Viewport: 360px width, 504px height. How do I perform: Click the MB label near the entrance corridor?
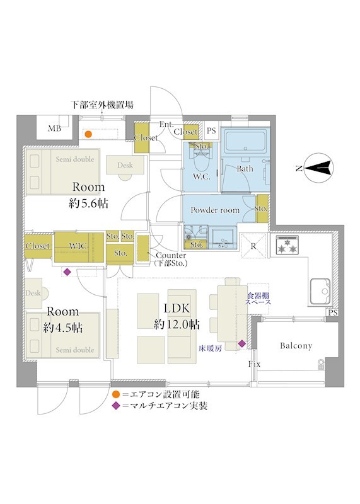pos(54,129)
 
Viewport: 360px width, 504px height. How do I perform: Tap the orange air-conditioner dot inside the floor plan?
pos(88,134)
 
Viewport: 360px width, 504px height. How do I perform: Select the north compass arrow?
pos(318,168)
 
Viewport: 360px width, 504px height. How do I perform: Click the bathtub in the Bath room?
pos(246,140)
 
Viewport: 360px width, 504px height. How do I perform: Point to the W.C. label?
pos(202,176)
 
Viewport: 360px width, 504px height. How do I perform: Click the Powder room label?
pos(215,210)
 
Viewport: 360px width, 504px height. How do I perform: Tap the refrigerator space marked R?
pos(254,246)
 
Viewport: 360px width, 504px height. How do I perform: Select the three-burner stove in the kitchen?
pos(287,245)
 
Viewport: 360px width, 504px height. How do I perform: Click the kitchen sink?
pos(320,292)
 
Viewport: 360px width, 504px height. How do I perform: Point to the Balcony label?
pos(296,346)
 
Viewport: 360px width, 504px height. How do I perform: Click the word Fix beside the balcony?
pos(254,364)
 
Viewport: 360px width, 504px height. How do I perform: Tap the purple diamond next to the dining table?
pos(242,344)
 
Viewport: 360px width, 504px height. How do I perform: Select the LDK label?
pos(177,308)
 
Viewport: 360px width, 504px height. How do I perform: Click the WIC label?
pos(78,246)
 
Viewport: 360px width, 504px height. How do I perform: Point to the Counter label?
pos(171,256)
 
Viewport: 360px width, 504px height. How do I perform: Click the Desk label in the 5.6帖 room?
pos(125,165)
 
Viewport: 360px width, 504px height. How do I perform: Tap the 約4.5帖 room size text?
pos(63,327)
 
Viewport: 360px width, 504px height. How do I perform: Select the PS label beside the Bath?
pos(211,130)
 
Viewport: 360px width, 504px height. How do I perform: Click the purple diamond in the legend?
pos(116,406)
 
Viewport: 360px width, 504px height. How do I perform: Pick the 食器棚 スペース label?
pos(258,299)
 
